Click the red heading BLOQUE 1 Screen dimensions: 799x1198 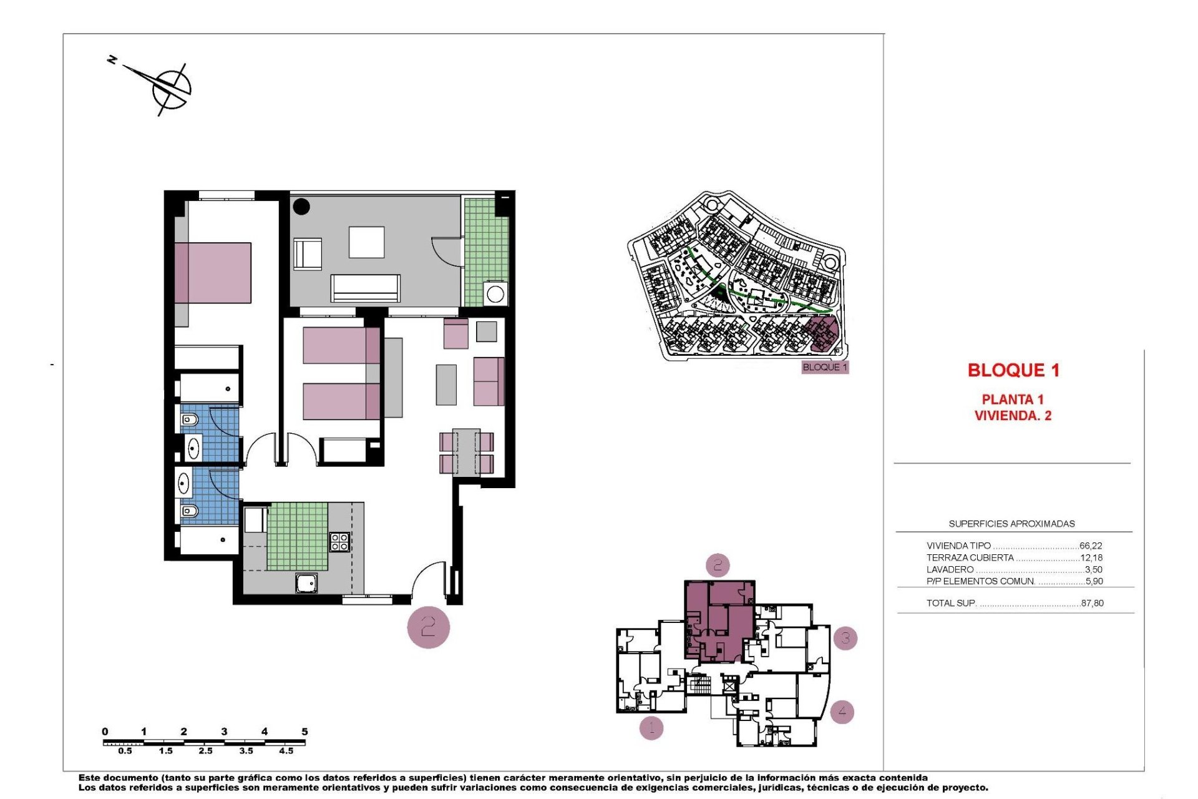[x=1013, y=370]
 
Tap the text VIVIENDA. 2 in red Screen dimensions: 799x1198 [x=1013, y=416]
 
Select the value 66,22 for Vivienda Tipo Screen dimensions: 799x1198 [x=1091, y=546]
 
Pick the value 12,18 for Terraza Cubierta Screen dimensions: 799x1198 [x=1091, y=557]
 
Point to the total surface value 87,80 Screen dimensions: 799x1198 [x=1092, y=603]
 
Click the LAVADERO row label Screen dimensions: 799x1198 [x=950, y=569]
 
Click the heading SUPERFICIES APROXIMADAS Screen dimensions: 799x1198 [x=1011, y=524]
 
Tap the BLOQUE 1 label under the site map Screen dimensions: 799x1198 [x=825, y=367]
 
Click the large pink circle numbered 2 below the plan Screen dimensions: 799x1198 [x=428, y=627]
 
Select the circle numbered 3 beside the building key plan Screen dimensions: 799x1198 [x=845, y=638]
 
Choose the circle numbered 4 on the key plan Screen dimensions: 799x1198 [x=842, y=711]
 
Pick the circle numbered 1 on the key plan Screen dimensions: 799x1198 [x=651, y=727]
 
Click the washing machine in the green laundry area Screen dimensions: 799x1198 [x=495, y=293]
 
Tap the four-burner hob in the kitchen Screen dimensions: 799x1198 [x=339, y=542]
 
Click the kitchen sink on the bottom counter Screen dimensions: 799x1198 [x=306, y=583]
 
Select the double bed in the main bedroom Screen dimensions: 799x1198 [x=214, y=273]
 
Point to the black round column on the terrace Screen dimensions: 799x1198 [x=301, y=207]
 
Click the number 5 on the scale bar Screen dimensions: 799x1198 [x=304, y=732]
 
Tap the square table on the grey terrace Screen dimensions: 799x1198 [x=366, y=242]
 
